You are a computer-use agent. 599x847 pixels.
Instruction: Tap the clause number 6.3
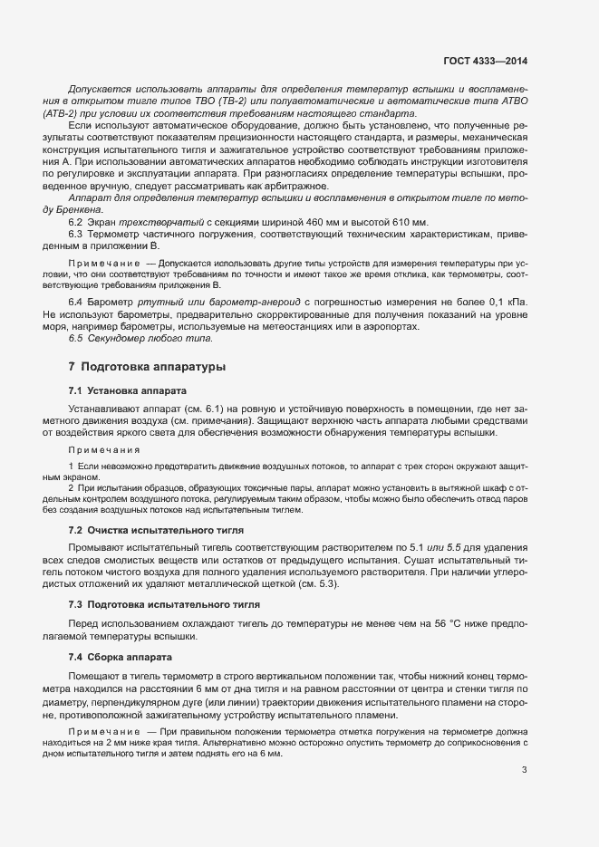[76, 235]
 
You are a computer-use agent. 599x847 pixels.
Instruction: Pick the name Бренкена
[82, 209]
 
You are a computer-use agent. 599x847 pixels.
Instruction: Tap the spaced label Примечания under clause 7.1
[104, 449]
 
